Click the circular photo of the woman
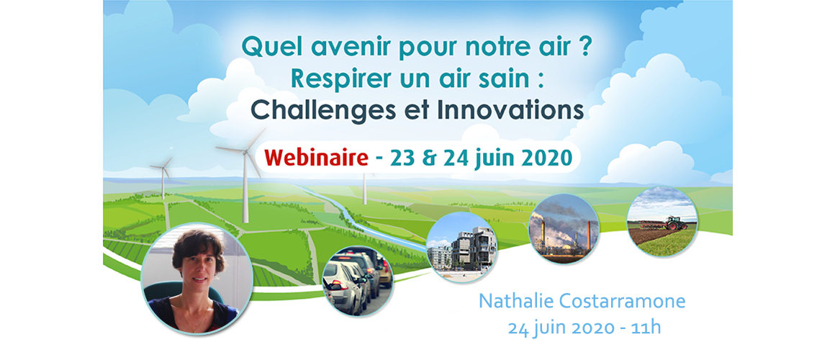tap(197, 279)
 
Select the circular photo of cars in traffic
tap(358, 282)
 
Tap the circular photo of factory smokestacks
tap(564, 229)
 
